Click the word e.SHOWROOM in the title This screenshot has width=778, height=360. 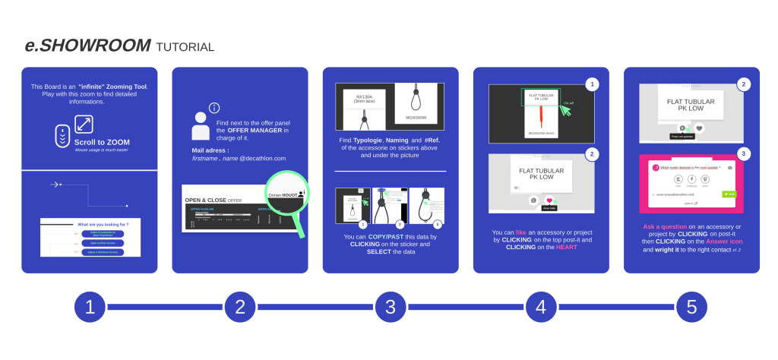[x=87, y=46]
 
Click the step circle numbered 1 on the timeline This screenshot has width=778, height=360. [x=89, y=307]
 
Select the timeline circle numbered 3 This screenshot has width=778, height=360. [x=391, y=307]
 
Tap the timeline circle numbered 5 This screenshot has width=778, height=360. [x=691, y=307]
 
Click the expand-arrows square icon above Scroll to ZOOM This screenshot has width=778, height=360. [x=84, y=124]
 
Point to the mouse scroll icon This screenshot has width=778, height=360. [x=62, y=135]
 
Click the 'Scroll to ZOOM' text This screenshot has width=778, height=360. [x=102, y=142]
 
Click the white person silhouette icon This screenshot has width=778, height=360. [x=201, y=126]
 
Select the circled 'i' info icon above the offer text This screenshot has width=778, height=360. [x=214, y=108]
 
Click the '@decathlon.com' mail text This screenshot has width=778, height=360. [x=263, y=158]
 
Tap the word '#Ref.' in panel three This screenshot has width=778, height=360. [x=435, y=141]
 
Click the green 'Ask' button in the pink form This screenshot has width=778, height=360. [x=729, y=194]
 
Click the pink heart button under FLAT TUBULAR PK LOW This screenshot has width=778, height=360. [x=549, y=201]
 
